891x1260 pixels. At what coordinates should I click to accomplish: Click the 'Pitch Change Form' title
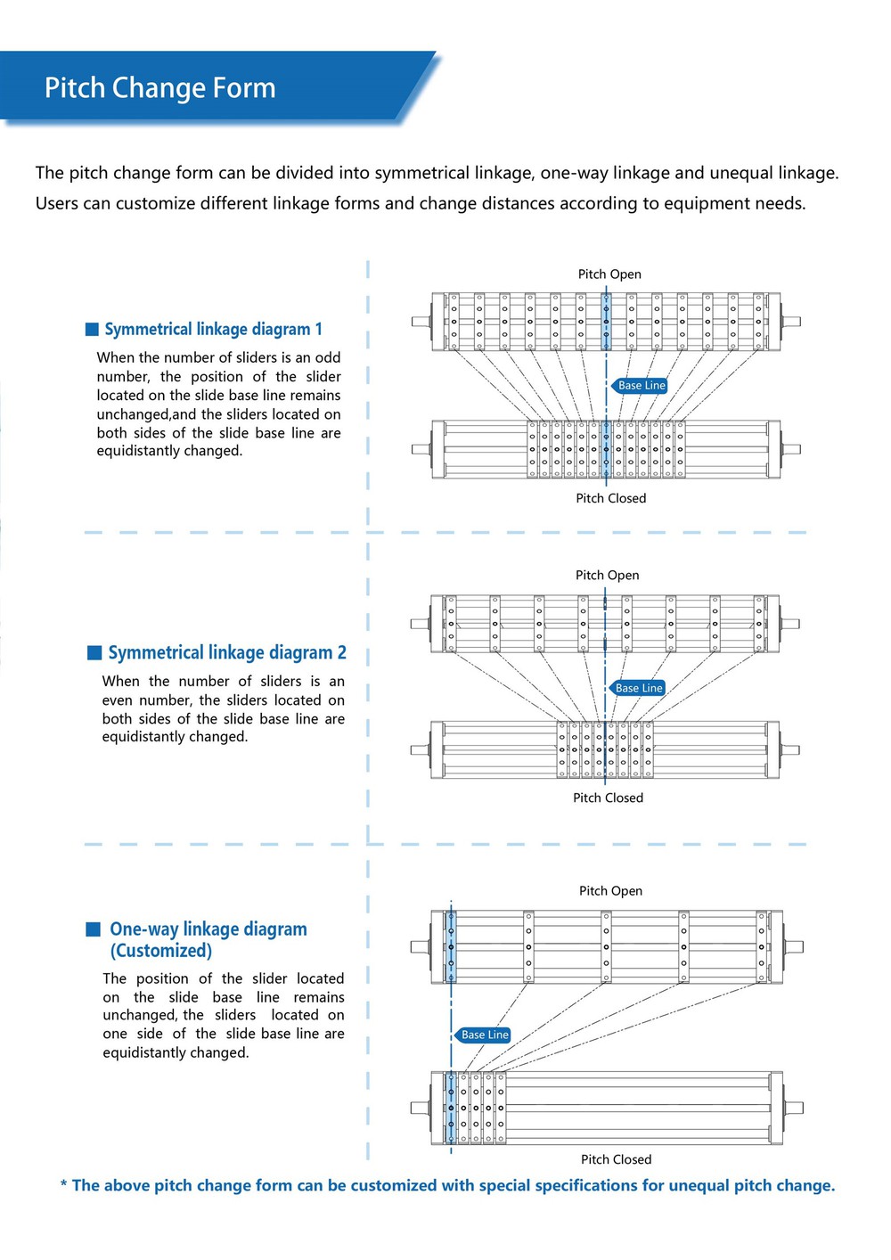coord(159,88)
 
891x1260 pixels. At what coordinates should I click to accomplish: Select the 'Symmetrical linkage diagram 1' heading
coord(213,329)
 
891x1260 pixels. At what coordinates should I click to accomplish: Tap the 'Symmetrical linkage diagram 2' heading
coord(227,652)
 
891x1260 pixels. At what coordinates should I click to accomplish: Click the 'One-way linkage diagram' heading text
coord(208,929)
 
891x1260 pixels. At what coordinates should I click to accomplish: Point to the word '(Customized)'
coord(161,951)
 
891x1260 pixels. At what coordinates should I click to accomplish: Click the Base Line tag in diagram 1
coord(639,385)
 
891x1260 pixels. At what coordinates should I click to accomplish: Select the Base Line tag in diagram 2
coord(637,688)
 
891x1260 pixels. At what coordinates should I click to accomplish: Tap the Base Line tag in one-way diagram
coord(483,1035)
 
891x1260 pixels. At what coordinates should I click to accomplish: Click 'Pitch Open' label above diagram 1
coord(609,274)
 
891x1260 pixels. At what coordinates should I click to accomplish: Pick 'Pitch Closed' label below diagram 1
coord(611,498)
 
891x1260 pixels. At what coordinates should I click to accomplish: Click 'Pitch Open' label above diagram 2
coord(608,576)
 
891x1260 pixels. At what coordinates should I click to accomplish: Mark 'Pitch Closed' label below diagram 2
coord(608,798)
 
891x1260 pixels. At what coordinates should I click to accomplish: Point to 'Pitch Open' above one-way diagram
coord(611,891)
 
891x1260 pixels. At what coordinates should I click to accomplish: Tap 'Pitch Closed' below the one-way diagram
coord(617,1159)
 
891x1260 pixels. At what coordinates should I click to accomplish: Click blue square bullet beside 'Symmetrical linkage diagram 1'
coord(92,330)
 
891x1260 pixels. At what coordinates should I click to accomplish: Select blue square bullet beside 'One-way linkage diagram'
coord(93,929)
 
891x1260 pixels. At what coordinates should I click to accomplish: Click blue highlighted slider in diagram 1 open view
coord(606,322)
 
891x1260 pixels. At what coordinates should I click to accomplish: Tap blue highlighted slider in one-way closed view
coord(451,1108)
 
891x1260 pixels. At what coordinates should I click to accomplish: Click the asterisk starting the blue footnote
coord(63,1184)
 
